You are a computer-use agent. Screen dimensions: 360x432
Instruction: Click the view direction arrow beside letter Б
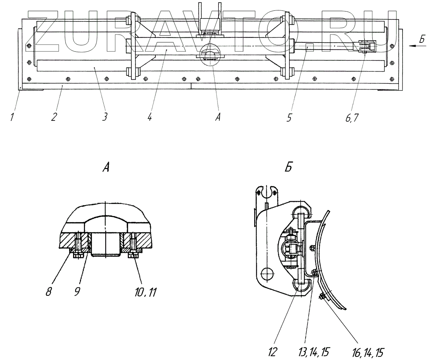416,46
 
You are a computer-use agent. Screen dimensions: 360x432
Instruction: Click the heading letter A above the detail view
105,168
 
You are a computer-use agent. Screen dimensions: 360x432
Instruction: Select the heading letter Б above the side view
288,168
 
